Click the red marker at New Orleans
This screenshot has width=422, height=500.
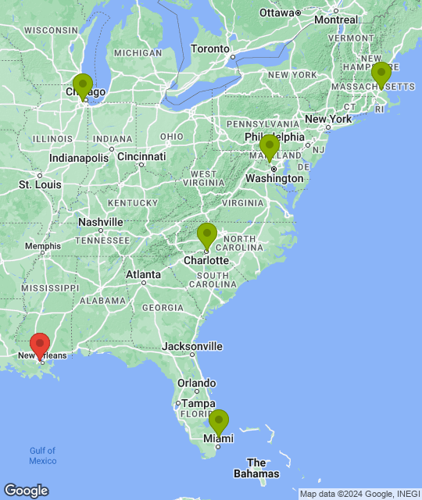pyautogui.click(x=40, y=344)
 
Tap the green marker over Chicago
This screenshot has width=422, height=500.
pyautogui.click(x=83, y=84)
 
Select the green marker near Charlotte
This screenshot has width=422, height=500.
pyautogui.click(x=206, y=234)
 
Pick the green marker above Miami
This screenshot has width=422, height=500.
pyautogui.click(x=219, y=420)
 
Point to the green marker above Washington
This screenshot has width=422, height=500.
pyautogui.click(x=270, y=145)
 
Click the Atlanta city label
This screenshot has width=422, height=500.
pyautogui.click(x=144, y=274)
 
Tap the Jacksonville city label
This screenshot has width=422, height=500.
pyautogui.click(x=192, y=346)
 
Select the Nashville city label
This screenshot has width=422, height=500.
pyautogui.click(x=101, y=222)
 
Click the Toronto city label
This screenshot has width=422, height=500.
pyautogui.click(x=210, y=48)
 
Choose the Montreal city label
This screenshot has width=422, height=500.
pyautogui.click(x=336, y=20)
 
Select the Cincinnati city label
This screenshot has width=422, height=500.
pyautogui.click(x=141, y=156)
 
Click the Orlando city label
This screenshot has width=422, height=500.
pyautogui.click(x=196, y=384)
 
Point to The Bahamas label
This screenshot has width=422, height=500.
pyautogui.click(x=256, y=468)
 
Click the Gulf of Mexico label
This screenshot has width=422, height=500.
pyautogui.click(x=43, y=455)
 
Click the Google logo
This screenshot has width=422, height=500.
pyautogui.click(x=26, y=491)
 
